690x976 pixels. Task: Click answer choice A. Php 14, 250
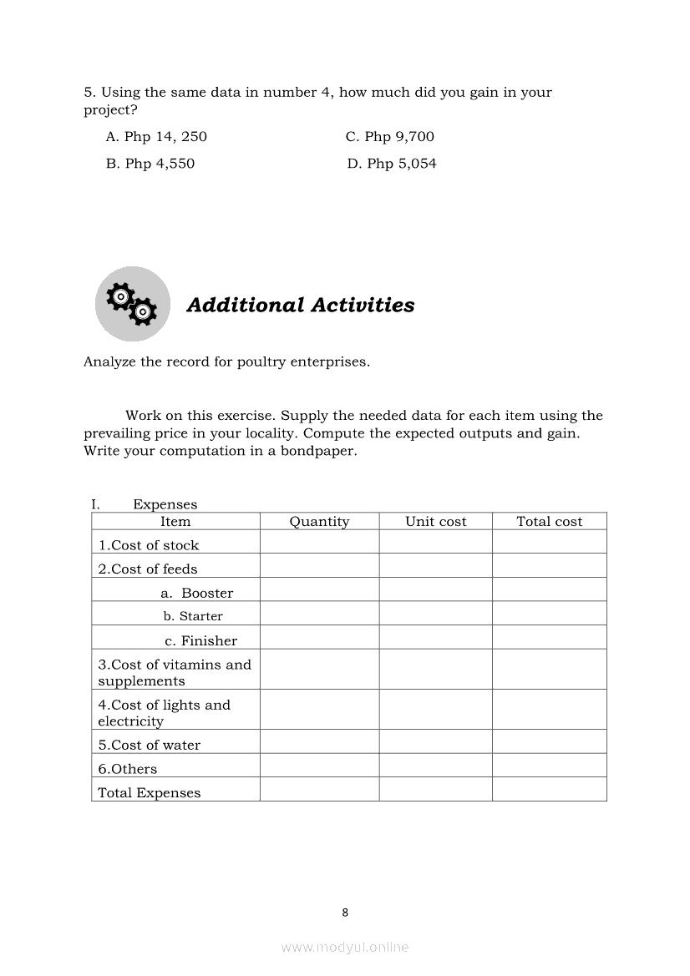[156, 137]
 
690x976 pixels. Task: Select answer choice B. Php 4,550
[150, 164]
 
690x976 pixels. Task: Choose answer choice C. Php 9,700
[389, 137]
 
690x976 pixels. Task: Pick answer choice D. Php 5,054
[391, 164]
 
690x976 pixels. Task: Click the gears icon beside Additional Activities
[132, 304]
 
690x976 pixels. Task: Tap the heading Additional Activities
[301, 306]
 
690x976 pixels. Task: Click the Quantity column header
[319, 522]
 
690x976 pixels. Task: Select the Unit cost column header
[435, 522]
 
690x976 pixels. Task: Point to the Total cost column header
[549, 522]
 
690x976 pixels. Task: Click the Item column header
[175, 522]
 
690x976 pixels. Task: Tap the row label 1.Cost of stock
[149, 545]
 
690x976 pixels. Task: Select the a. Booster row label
[197, 594]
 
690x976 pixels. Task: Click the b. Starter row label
[193, 617]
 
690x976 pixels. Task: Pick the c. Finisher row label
[200, 641]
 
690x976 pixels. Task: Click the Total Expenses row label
[150, 793]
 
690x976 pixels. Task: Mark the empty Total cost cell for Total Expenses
[549, 790]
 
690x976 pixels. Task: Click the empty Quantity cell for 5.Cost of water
[319, 741]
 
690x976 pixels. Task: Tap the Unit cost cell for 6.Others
[435, 766]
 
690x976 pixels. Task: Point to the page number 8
[345, 913]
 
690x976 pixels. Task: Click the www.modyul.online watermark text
[345, 947]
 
